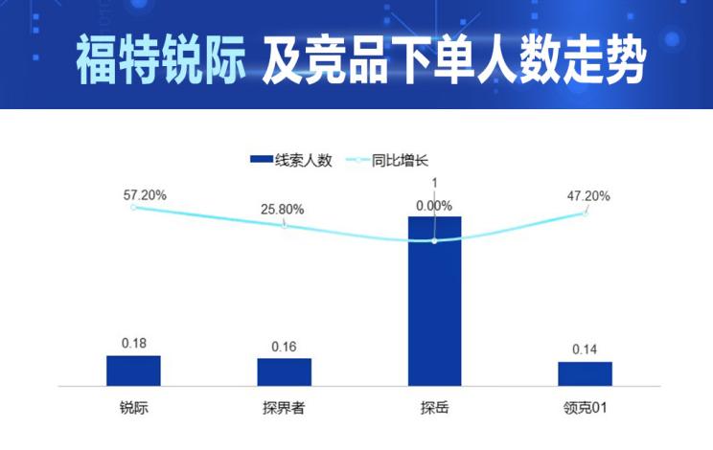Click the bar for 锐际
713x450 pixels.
(133, 371)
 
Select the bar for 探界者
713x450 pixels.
(284, 371)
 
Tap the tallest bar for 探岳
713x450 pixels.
(434, 302)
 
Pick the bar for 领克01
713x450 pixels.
(585, 373)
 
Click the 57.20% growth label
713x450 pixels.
(145, 194)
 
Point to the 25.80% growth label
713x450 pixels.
(283, 209)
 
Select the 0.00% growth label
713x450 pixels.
(434, 205)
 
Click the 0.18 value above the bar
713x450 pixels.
(133, 343)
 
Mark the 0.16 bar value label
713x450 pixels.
(284, 346)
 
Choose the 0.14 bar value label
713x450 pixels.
(585, 349)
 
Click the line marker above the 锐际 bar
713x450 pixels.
(133, 207)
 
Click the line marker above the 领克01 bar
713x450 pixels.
(585, 213)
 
